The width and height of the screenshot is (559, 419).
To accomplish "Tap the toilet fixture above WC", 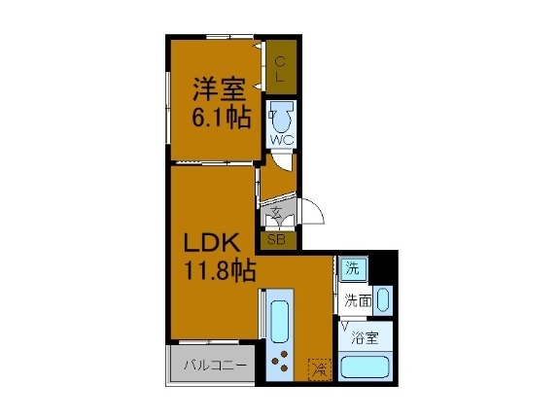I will point(281,119).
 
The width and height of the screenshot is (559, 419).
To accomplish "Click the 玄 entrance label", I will point(276,214).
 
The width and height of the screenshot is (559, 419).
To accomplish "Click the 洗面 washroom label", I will point(357,300).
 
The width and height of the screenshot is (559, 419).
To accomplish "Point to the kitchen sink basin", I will point(280,322).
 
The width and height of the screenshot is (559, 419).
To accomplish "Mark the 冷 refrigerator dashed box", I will point(320,368).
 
